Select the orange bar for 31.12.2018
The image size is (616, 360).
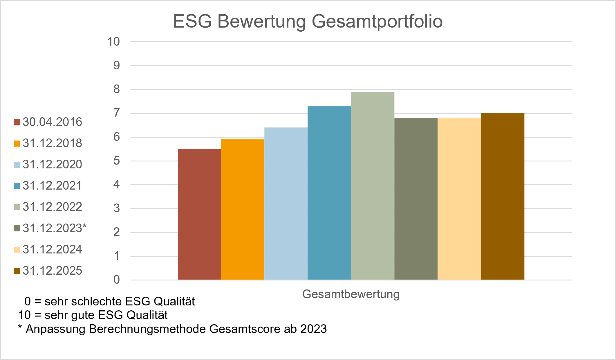243,210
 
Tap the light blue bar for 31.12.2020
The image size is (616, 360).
286,204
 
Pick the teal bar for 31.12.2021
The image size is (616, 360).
329,193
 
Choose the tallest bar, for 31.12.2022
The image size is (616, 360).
373,186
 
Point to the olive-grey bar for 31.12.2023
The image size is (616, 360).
416,199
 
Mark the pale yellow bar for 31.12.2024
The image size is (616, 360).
459,199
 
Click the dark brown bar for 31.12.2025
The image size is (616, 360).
503,197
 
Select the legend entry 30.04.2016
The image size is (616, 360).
52,122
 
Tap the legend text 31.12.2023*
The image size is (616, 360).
55,228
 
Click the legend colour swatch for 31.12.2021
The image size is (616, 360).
17,186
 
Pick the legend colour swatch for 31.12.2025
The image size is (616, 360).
17,271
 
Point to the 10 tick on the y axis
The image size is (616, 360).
113,42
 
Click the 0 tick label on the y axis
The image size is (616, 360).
116,280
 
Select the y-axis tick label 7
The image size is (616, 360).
116,113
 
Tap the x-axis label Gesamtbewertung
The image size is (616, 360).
351,294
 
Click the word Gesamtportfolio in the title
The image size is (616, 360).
377,21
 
